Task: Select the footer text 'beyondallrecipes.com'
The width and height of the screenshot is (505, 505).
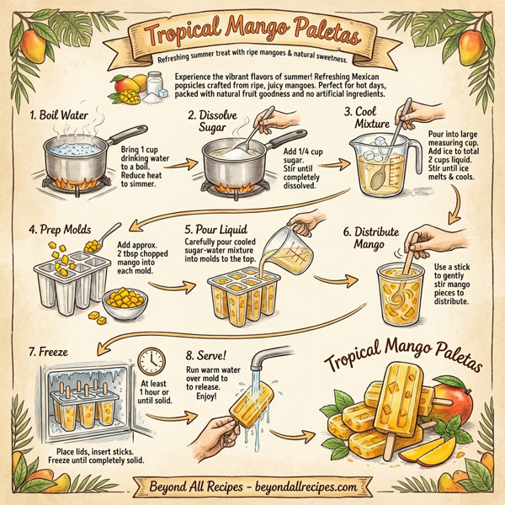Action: [x=305, y=486]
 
